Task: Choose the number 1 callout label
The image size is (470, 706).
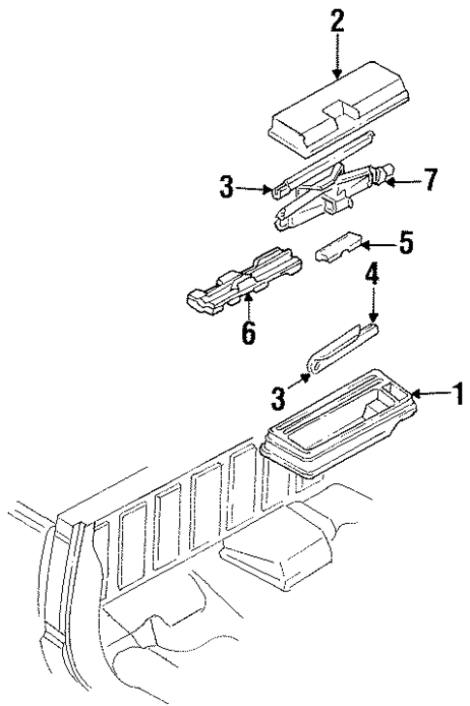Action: (458, 394)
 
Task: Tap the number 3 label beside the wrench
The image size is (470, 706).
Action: (281, 396)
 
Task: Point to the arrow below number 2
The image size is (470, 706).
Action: (337, 58)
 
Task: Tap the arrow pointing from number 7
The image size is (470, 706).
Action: (404, 180)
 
